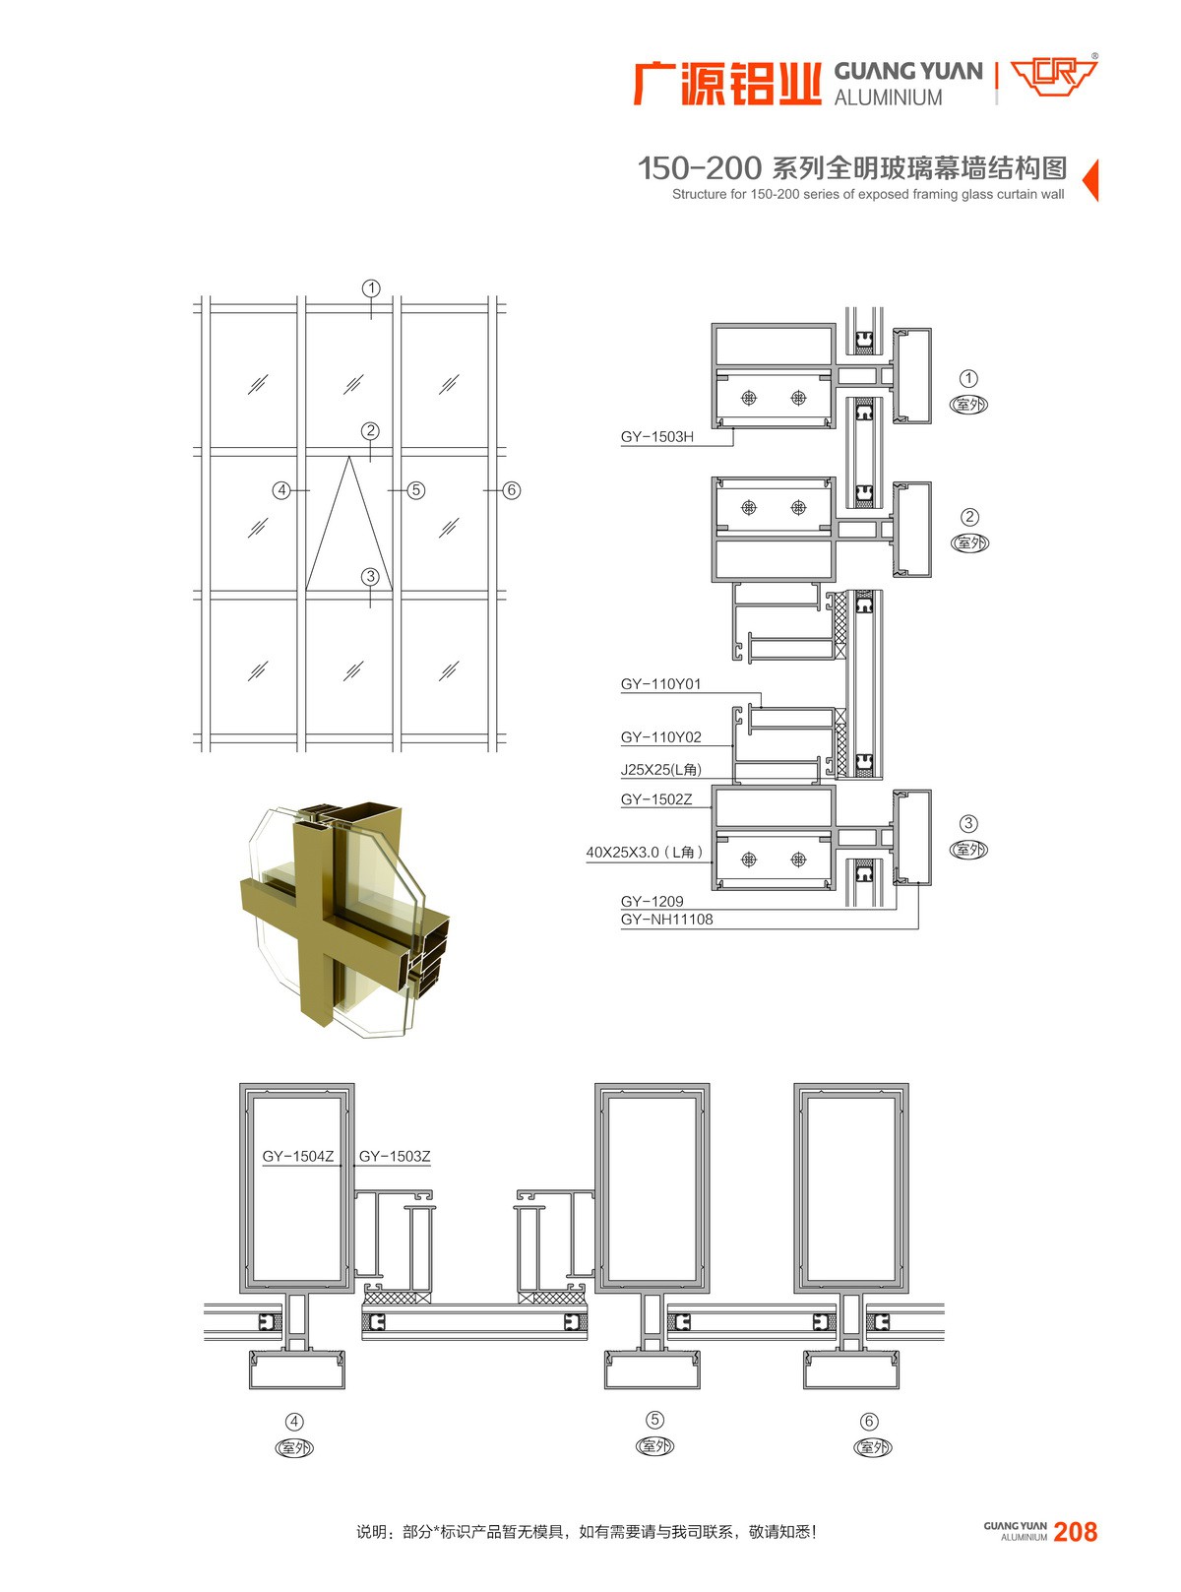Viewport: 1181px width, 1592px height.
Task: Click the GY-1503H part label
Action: click(x=657, y=436)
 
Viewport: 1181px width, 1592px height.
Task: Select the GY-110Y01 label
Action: click(x=660, y=684)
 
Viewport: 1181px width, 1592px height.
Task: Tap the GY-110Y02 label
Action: click(x=660, y=737)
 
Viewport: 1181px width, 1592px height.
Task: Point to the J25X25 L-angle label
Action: click(x=660, y=770)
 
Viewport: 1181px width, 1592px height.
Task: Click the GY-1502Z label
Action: click(x=656, y=799)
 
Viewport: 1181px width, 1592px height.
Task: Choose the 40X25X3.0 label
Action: click(x=645, y=852)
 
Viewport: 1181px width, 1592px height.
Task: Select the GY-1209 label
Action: click(x=653, y=902)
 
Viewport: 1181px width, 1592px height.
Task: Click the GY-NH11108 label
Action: click(x=667, y=920)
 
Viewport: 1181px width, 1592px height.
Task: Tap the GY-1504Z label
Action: click(x=298, y=1156)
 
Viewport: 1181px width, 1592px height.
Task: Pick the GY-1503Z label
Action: click(x=395, y=1156)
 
